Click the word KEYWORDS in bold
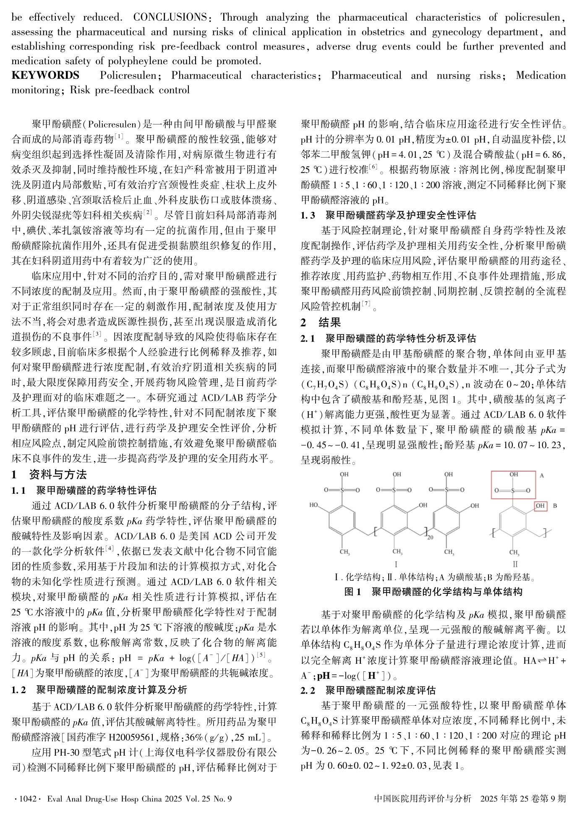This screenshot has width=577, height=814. pyautogui.click(x=45, y=76)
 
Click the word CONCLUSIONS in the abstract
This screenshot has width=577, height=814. pyautogui.click(x=170, y=17)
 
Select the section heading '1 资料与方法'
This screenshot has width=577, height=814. pyautogui.click(x=49, y=475)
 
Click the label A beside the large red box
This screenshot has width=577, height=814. pyautogui.click(x=542, y=476)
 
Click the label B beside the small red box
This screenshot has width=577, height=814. pyautogui.click(x=555, y=506)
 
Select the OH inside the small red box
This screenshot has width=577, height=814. pyautogui.click(x=540, y=506)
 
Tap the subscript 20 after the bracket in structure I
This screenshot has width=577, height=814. pyautogui.click(x=430, y=537)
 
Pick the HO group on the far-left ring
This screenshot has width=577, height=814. pyautogui.click(x=314, y=505)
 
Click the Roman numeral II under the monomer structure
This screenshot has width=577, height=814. pyautogui.click(x=515, y=564)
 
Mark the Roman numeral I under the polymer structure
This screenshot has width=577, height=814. pyautogui.click(x=396, y=564)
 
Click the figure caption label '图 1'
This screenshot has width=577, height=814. pyautogui.click(x=352, y=592)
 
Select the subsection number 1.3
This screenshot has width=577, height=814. pyautogui.click(x=308, y=215)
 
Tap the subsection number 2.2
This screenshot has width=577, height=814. pyautogui.click(x=308, y=690)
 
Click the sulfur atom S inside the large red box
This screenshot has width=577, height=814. pyautogui.click(x=512, y=490)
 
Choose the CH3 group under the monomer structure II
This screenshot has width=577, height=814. pyautogui.click(x=515, y=552)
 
